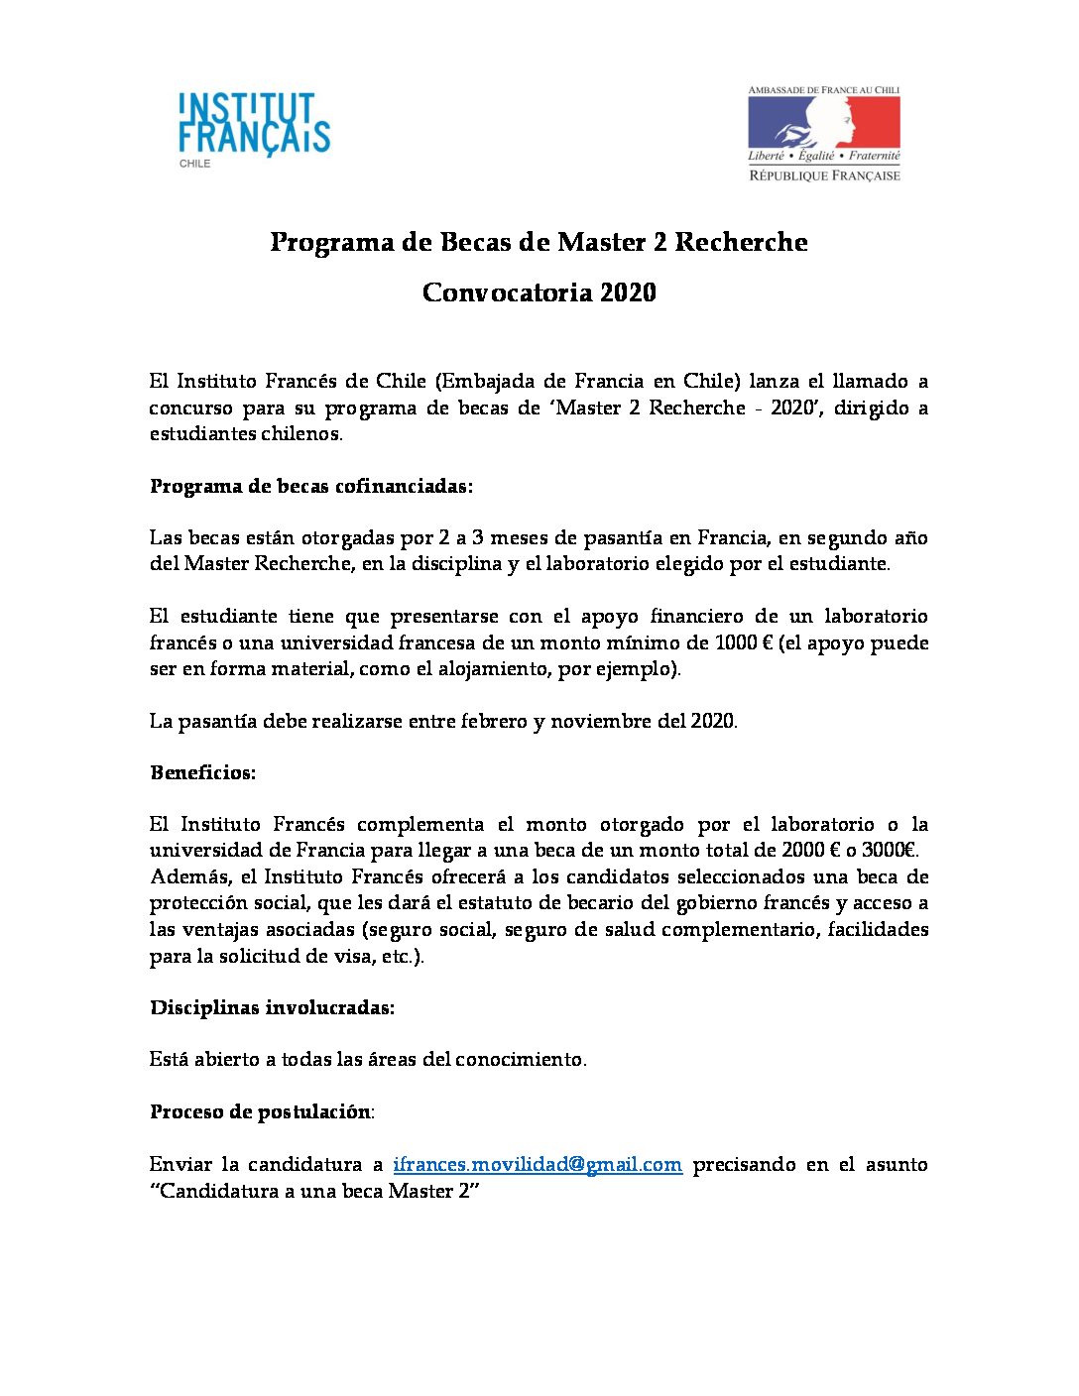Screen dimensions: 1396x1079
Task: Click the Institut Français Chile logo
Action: tap(254, 125)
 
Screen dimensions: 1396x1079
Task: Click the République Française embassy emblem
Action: tap(823, 134)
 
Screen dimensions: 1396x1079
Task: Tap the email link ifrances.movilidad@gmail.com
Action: tap(538, 1164)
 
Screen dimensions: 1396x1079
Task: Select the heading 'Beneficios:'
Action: tap(202, 772)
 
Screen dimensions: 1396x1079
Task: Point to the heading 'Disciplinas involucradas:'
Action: tap(272, 1007)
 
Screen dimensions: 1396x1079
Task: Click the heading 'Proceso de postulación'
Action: tap(260, 1111)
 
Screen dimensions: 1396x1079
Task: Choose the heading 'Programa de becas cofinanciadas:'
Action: tap(311, 486)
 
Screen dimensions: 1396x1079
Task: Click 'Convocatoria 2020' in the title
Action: tap(539, 292)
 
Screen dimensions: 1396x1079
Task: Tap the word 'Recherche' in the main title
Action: tap(741, 242)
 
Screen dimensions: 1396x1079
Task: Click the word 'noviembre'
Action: tap(598, 721)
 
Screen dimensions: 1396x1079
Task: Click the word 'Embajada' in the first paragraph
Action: tap(488, 381)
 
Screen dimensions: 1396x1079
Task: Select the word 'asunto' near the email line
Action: tap(895, 1164)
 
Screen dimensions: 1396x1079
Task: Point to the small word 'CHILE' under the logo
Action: tap(194, 164)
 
